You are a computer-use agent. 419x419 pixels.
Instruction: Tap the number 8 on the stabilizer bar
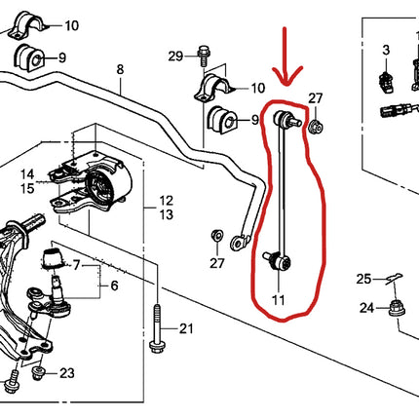point(120,70)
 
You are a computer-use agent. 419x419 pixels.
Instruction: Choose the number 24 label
point(364,309)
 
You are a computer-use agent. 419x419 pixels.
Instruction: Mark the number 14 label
point(28,172)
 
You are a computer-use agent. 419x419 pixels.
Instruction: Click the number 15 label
point(28,187)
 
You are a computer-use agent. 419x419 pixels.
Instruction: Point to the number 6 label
point(114,286)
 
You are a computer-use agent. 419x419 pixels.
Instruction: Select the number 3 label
point(385,49)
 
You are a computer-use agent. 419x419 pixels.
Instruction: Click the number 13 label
point(167,214)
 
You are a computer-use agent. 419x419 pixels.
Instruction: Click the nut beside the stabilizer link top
point(316,126)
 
